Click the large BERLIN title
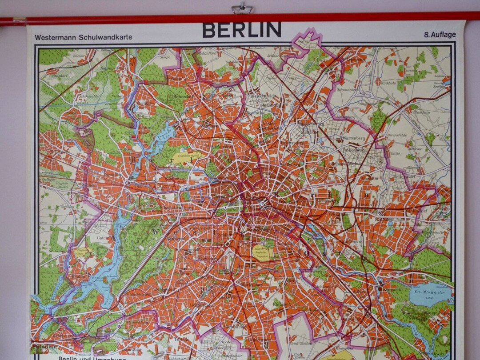[242, 30]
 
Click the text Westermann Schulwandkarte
[84, 37]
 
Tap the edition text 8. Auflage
[440, 35]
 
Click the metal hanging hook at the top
[242, 8]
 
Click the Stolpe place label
[165, 57]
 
